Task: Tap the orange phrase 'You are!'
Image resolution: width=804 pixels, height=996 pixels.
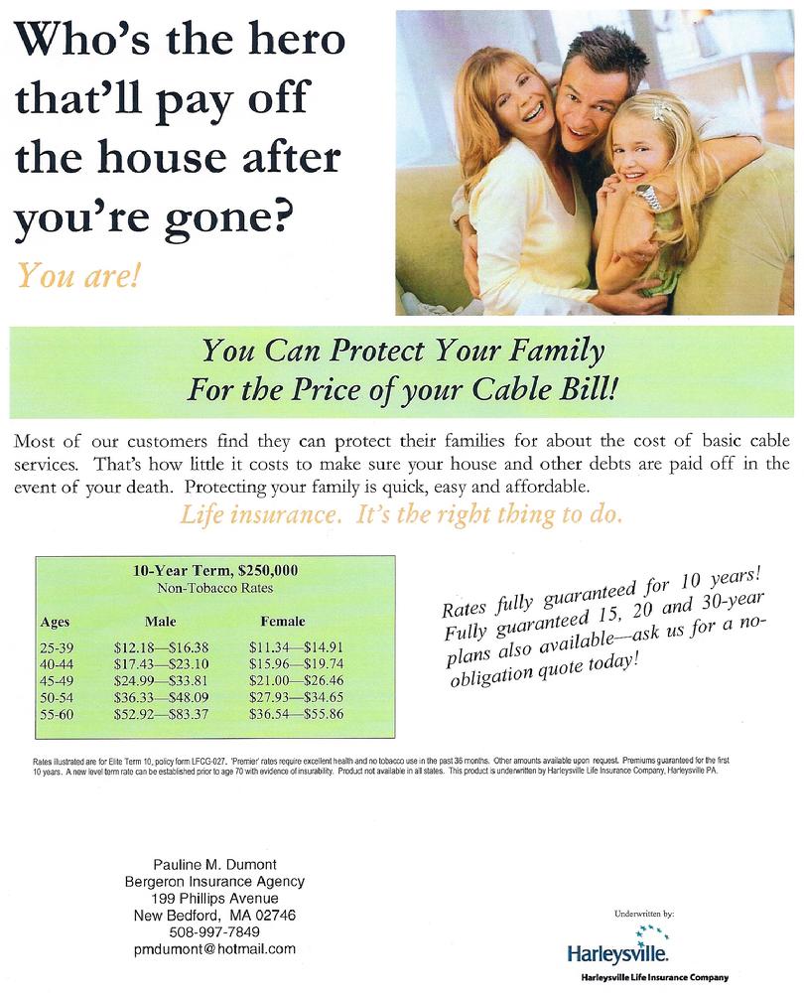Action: tap(77, 276)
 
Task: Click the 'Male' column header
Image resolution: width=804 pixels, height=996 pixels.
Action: tap(160, 622)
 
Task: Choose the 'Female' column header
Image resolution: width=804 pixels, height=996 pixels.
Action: tap(283, 622)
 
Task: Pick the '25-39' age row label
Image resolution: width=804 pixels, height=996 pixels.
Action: tap(57, 647)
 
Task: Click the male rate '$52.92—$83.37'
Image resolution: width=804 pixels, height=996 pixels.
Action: tap(162, 714)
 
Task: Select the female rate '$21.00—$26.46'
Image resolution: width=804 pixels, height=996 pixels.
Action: tap(296, 680)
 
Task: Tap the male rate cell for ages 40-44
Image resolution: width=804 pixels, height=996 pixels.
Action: tap(162, 663)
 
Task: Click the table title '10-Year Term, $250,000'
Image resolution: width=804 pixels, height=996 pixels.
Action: tap(215, 570)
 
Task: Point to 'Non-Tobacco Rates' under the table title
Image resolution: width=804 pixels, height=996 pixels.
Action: tap(215, 588)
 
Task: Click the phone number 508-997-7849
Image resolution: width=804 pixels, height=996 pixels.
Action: tap(214, 931)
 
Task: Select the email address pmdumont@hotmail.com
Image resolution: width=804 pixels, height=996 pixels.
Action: tap(214, 949)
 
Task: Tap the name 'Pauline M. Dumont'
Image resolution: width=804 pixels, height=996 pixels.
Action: tap(214, 865)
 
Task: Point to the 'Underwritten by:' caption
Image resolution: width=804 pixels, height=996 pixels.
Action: tap(644, 914)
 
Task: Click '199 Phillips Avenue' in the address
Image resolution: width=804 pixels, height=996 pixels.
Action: tap(214, 898)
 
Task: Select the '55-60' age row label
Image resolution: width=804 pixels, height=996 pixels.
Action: tap(57, 714)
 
